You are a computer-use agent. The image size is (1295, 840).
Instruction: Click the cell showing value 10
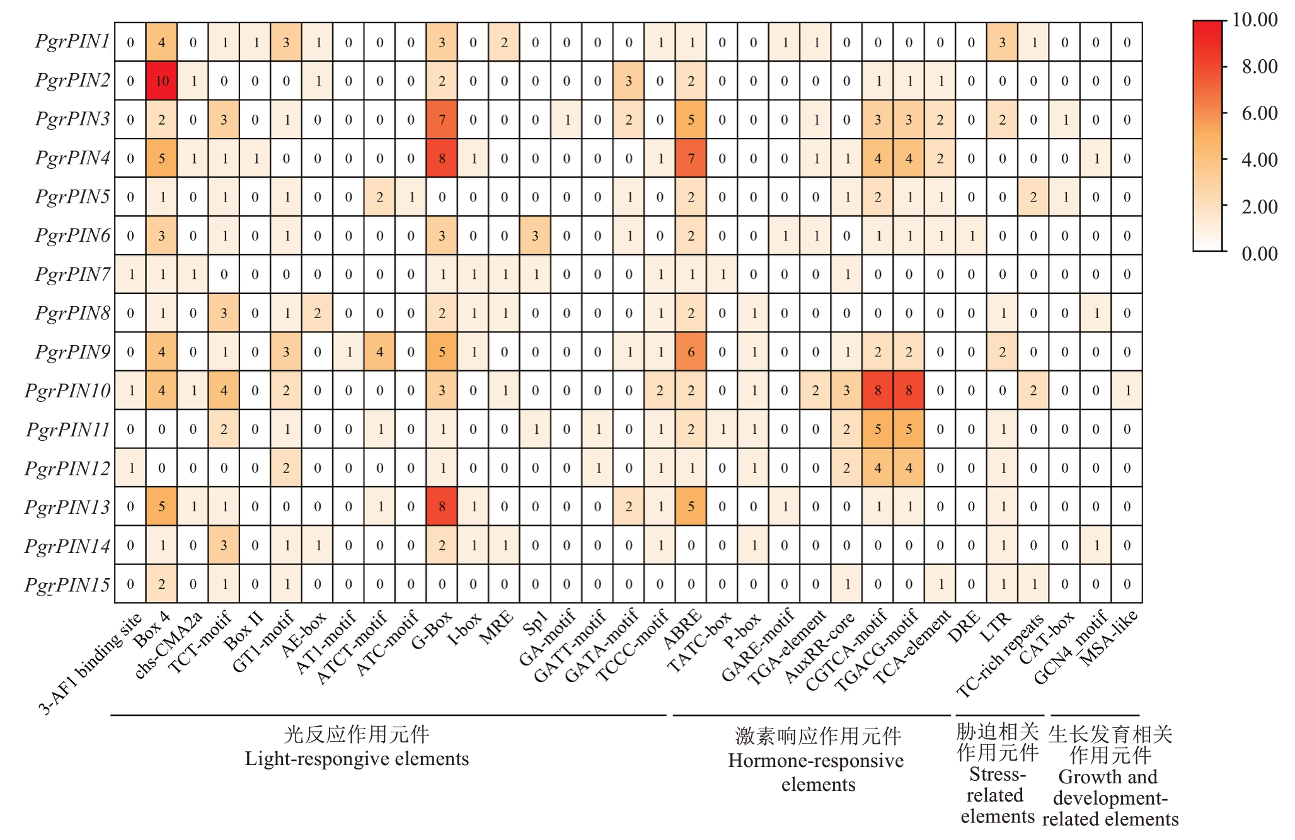coord(162,81)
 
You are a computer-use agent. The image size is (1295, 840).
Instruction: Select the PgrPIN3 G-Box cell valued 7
coord(442,120)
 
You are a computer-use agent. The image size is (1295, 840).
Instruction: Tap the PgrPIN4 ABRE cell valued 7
coord(691,158)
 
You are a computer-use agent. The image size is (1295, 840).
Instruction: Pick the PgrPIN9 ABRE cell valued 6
coord(691,352)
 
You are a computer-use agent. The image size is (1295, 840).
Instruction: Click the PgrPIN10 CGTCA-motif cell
coord(877,390)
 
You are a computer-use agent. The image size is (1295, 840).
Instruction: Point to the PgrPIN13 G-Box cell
coord(442,506)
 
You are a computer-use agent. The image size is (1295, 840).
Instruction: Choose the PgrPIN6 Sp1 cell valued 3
coord(535,236)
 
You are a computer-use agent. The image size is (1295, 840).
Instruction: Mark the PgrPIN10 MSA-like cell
coord(1127,390)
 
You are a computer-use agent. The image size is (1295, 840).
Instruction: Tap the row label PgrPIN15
coord(67,584)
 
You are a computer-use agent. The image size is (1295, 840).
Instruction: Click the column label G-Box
coord(432,627)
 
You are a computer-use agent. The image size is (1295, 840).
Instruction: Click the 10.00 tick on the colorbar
coord(1255,20)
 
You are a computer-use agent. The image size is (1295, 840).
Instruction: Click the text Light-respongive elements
coord(357,759)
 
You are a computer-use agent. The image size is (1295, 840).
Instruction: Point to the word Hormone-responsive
coord(816,761)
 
